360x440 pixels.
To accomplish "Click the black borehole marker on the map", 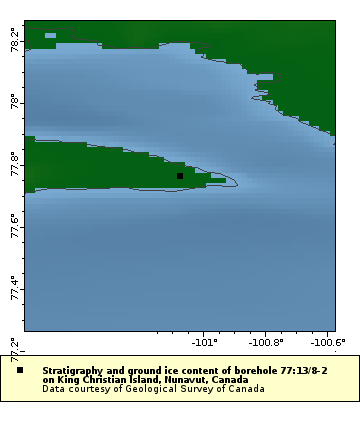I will tap(180, 176).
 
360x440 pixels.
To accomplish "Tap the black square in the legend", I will tap(20, 370).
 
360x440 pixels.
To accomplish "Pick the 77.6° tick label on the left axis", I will tap(14, 224).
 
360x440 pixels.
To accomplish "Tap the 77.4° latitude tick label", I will tap(14, 287).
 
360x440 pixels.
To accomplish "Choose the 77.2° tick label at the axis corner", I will tap(14, 347).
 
